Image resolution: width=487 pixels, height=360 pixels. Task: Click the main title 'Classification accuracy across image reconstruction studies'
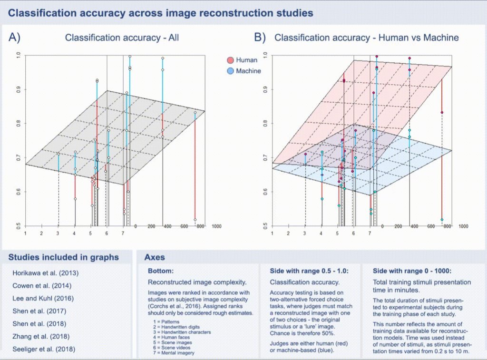coord(161,13)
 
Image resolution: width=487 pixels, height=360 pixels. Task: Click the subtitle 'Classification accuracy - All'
coord(122,38)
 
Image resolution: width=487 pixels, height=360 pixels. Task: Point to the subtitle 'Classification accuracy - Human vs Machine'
coord(367,38)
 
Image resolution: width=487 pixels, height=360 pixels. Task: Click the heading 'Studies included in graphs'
coord(63,257)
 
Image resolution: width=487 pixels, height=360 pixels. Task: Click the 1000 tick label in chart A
coord(215,226)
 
